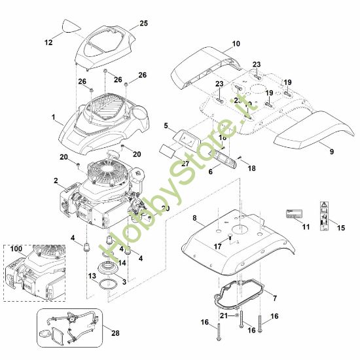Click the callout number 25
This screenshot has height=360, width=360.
pyautogui.click(x=143, y=24)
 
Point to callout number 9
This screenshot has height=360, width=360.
pyautogui.click(x=331, y=151)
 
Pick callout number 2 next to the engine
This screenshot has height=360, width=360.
pyautogui.click(x=56, y=181)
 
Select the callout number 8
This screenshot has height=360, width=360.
pyautogui.click(x=194, y=217)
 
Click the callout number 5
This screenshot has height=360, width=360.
pyautogui.click(x=166, y=124)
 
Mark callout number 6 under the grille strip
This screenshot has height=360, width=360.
pyautogui.click(x=193, y=171)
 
